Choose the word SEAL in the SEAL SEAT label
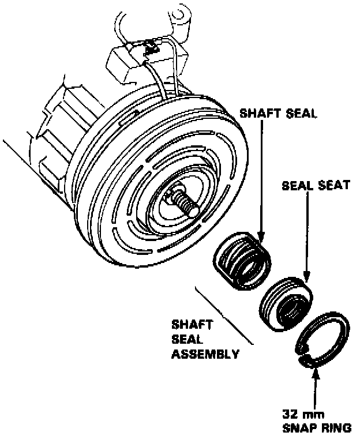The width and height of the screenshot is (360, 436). click(x=294, y=186)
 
